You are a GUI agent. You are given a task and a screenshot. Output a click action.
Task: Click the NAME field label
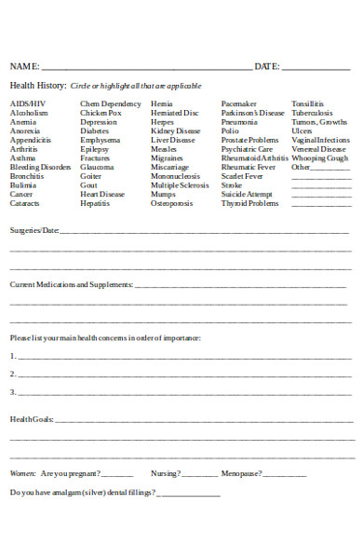click(x=25, y=66)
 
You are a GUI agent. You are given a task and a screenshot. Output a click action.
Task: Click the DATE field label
click(x=267, y=66)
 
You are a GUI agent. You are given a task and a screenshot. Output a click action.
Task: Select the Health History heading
click(x=38, y=86)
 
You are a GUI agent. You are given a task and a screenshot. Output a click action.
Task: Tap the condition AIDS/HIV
click(x=27, y=103)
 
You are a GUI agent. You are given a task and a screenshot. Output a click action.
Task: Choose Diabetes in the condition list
click(x=95, y=131)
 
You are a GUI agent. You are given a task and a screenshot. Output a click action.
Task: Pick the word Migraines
click(x=168, y=158)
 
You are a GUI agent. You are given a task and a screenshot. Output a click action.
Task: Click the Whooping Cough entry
click(x=320, y=158)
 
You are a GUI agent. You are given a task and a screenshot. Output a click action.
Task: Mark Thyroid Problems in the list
click(x=249, y=203)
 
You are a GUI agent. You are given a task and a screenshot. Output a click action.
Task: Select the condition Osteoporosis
click(x=172, y=203)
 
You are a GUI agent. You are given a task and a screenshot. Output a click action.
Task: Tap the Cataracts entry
click(x=25, y=203)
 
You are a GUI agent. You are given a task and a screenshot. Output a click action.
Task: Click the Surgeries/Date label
click(x=34, y=229)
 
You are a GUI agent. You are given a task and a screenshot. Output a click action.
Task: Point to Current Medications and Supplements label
click(x=72, y=284)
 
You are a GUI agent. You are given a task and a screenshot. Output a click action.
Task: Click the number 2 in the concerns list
click(x=13, y=374)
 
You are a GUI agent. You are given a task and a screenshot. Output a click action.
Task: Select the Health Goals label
click(x=32, y=419)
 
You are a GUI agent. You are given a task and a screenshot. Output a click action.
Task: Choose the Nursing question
click(x=167, y=474)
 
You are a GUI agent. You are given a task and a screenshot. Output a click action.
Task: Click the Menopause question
click(x=242, y=474)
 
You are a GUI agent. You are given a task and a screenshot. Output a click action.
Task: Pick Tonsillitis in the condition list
click(x=308, y=103)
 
